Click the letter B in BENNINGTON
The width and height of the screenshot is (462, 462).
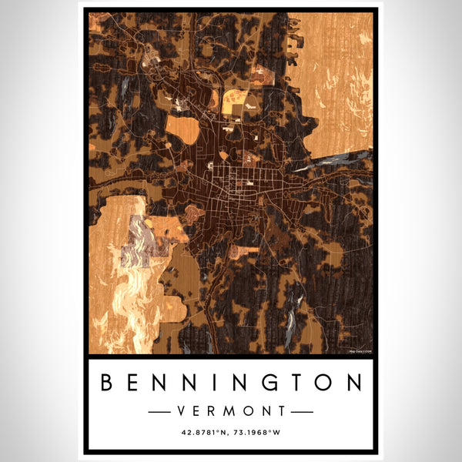pyautogui.click(x=109, y=383)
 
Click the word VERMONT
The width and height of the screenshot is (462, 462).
pyautogui.click(x=230, y=411)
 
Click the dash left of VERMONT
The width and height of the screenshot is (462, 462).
pyautogui.click(x=163, y=411)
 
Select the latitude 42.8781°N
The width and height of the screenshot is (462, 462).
pyautogui.click(x=203, y=434)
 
